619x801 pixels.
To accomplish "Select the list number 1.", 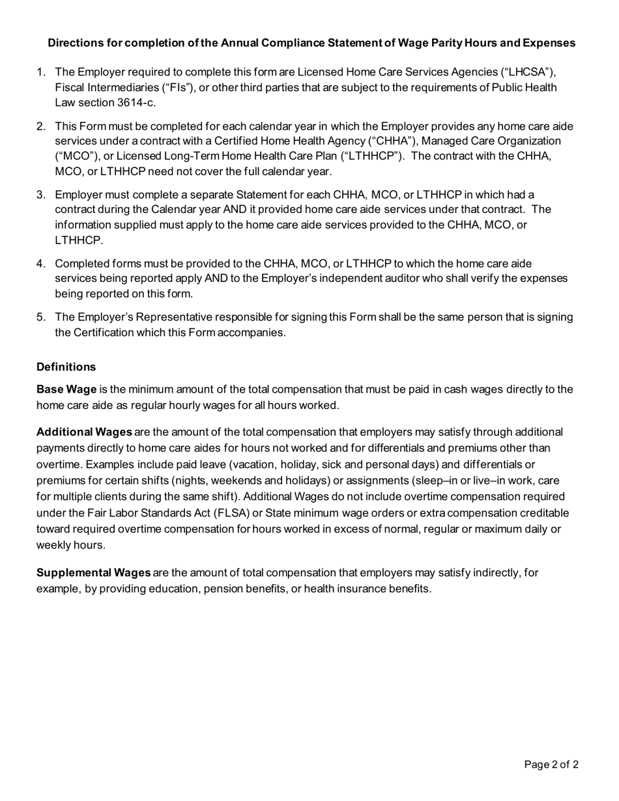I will pos(40,72).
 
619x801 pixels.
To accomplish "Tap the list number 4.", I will pos(40,263).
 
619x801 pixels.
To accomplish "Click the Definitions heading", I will pos(66,367).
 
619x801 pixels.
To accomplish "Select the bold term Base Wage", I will pos(66,389).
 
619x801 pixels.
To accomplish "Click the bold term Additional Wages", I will pos(84,432).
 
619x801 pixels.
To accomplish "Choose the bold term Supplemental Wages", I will pos(93,573).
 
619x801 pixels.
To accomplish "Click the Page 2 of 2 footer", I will pos(551,765).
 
